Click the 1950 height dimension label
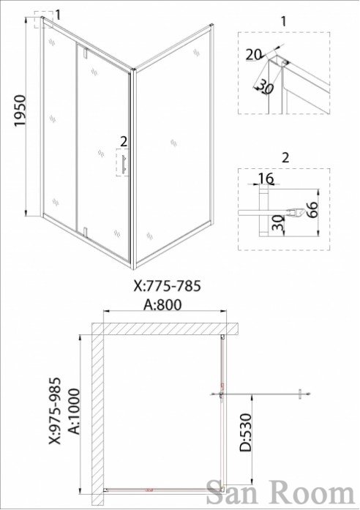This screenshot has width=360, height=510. click(x=20, y=110)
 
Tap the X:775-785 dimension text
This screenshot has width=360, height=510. click(x=168, y=286)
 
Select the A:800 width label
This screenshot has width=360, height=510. click(x=163, y=305)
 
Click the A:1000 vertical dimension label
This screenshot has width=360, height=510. click(x=74, y=411)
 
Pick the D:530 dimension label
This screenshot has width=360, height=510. click(x=246, y=432)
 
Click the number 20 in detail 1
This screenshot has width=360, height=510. click(x=253, y=55)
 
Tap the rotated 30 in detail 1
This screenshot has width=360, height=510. click(x=265, y=87)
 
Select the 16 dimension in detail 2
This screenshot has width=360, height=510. click(x=266, y=179)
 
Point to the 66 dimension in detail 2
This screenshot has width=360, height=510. click(x=311, y=211)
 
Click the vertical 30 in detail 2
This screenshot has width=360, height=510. click(x=277, y=222)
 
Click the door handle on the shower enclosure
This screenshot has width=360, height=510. click(x=123, y=164)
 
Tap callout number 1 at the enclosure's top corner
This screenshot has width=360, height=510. click(x=58, y=15)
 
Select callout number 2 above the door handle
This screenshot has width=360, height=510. click(x=123, y=141)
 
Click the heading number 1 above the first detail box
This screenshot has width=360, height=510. click(x=283, y=21)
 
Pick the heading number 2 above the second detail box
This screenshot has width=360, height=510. click(x=285, y=158)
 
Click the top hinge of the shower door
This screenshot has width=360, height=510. click(x=86, y=53)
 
